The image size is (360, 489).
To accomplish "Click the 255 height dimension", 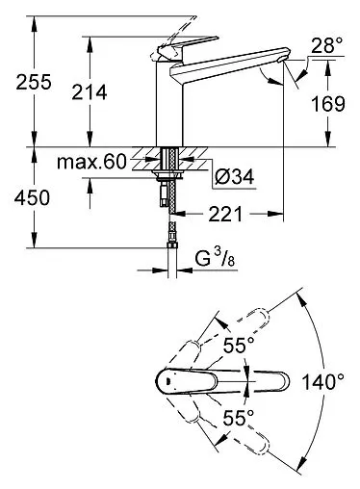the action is point(34,82).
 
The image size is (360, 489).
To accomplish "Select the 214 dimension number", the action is point(90,92).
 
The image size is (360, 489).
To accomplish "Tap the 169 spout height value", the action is point(328,104).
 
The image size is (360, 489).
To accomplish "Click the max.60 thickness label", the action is point(91,162).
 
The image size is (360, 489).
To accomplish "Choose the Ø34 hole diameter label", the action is point(235,176).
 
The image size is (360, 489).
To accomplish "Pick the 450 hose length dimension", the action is point(32,197).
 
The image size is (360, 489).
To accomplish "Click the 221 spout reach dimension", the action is point(225,215).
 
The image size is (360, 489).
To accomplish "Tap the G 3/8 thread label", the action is point(216,259).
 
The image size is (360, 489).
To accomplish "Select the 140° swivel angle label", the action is point(323,382).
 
